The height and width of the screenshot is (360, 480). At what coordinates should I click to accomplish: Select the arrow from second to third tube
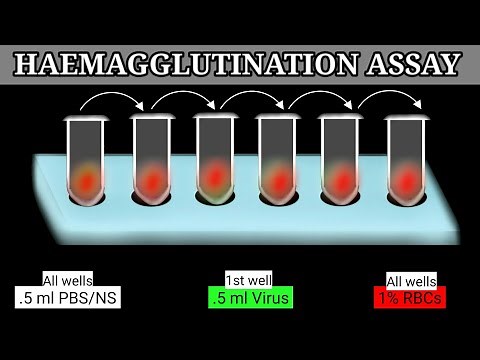click(x=184, y=100)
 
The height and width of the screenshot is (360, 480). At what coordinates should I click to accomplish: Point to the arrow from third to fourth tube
click(x=247, y=100)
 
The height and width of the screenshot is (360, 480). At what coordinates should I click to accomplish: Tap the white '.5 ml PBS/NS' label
click(x=66, y=297)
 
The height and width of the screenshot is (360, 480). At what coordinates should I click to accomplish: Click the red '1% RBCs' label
click(x=409, y=297)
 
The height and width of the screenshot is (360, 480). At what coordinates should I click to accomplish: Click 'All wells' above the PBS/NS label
click(x=65, y=280)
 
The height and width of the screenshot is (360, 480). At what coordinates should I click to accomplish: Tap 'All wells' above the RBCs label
click(x=409, y=280)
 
